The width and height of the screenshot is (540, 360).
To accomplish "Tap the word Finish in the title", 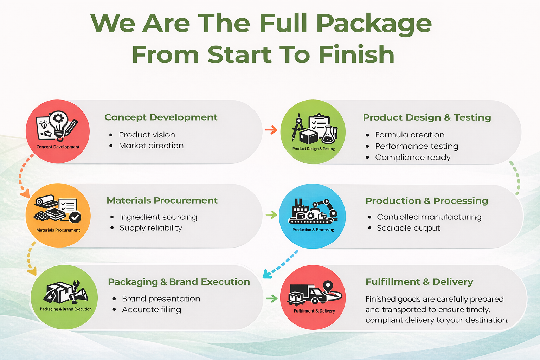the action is pyautogui.click(x=356, y=54).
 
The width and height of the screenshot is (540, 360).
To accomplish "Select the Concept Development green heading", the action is pyautogui.click(x=161, y=117).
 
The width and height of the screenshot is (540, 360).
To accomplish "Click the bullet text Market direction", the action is pyautogui.click(x=151, y=146).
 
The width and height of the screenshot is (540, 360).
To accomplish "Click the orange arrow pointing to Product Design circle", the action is pyautogui.click(x=271, y=130).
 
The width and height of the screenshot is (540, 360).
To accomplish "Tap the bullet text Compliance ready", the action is pyautogui.click(x=413, y=157).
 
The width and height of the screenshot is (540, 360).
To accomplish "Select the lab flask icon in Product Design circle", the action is pyautogui.click(x=328, y=135).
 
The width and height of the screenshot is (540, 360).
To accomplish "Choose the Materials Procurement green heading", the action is pyautogui.click(x=162, y=200).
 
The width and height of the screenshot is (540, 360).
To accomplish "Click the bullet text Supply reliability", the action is pyautogui.click(x=151, y=228).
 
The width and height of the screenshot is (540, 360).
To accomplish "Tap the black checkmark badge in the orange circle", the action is pyautogui.click(x=75, y=217).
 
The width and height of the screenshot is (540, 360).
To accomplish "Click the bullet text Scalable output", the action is pyautogui.click(x=409, y=228).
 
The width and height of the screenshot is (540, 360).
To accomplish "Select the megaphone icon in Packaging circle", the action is pyautogui.click(x=79, y=295).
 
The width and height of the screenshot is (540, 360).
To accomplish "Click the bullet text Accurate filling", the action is pyautogui.click(x=152, y=310).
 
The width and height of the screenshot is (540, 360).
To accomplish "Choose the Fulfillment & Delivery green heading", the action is pyautogui.click(x=419, y=282).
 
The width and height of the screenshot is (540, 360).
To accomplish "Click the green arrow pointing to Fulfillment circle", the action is pyautogui.click(x=272, y=298).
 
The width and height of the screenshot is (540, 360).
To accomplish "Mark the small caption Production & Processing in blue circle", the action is pyautogui.click(x=313, y=230).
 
